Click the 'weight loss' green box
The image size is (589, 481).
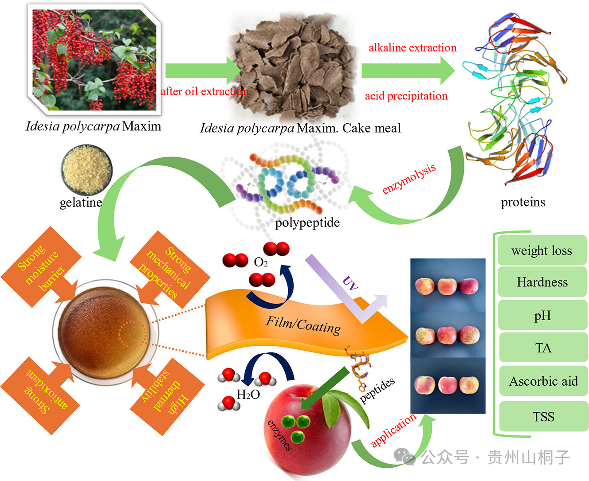pos(542,250)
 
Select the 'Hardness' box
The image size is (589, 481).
pos(542,282)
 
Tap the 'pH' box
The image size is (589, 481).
pos(542,315)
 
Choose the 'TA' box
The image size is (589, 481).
pos(543,348)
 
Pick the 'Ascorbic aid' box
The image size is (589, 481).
pos(543,381)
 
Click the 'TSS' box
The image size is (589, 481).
pos(543,417)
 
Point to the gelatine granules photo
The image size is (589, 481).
pos(86,170)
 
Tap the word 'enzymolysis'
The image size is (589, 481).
pos(409,178)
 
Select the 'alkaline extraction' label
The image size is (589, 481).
pos(412,48)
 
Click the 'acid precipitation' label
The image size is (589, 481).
pos(406,96)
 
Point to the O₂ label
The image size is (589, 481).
pos(261,263)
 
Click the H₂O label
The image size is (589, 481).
pos(248,394)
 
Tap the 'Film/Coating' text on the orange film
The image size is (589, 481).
pos(304,325)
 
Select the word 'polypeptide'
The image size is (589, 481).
pos(307,222)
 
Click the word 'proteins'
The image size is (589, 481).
pos(523,202)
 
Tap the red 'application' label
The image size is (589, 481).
pos(393,430)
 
